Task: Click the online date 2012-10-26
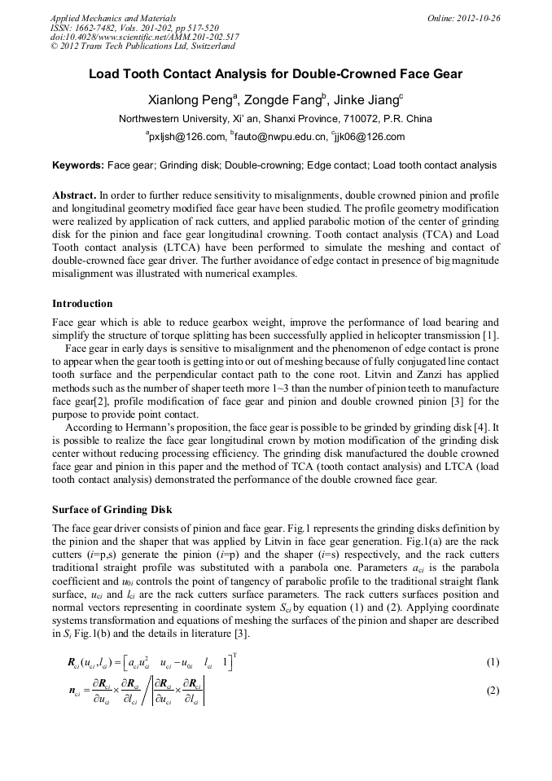pos(475,18)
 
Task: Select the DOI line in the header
pos(144,37)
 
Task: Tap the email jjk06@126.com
pos(373,137)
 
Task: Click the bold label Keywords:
pos(78,165)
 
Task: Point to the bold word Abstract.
pos(74,196)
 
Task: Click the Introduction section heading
pos(82,304)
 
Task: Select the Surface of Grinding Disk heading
pos(112,510)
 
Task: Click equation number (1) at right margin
pos(492,662)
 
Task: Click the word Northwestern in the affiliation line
pos(153,119)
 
